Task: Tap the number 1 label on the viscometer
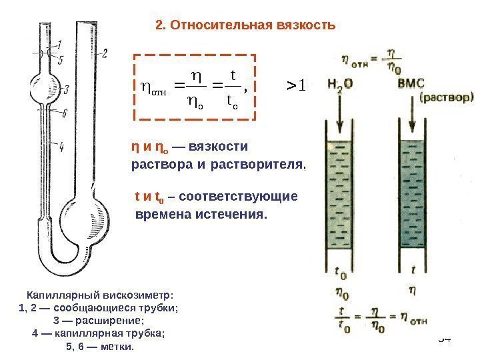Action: click(60, 45)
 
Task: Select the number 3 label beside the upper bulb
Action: click(64, 89)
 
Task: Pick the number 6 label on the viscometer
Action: click(64, 113)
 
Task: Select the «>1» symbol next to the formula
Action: click(295, 85)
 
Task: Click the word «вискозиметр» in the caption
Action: click(134, 295)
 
